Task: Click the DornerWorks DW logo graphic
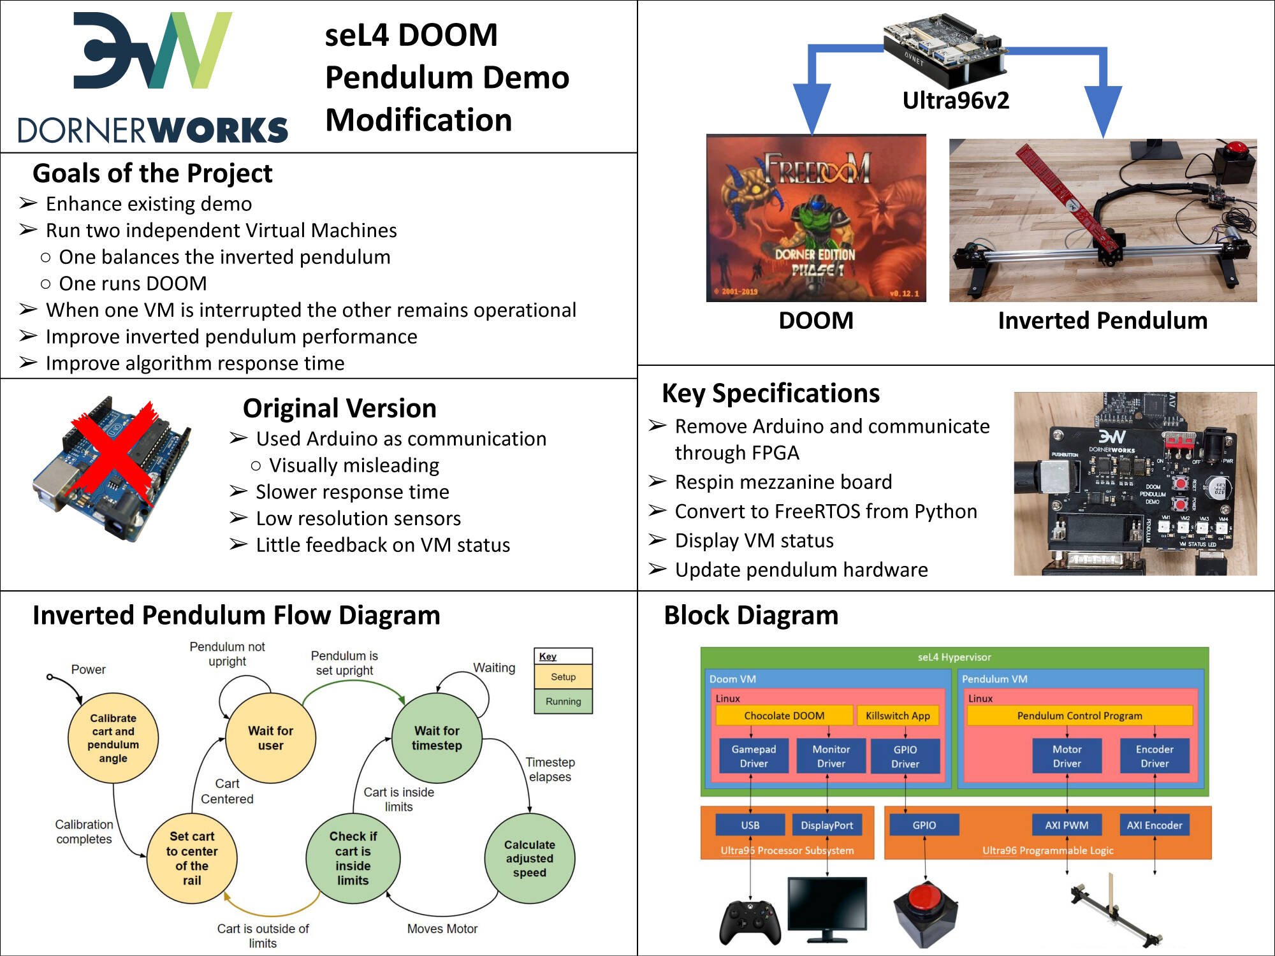point(153,51)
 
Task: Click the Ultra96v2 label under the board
point(956,101)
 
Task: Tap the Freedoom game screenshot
point(816,218)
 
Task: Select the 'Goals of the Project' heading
point(152,173)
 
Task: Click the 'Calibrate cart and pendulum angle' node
point(113,738)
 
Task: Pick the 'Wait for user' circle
point(270,738)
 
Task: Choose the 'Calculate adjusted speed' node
point(529,858)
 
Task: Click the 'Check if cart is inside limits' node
point(353,858)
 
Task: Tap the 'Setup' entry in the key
point(563,677)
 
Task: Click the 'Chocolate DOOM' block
point(783,716)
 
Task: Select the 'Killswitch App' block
point(898,716)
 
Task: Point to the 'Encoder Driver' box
point(1154,756)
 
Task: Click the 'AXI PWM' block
point(1067,825)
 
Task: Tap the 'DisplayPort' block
point(826,825)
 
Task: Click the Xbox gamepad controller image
point(750,922)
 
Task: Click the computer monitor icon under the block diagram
point(827,908)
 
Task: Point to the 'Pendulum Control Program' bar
point(1079,716)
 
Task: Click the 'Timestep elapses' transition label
point(550,769)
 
